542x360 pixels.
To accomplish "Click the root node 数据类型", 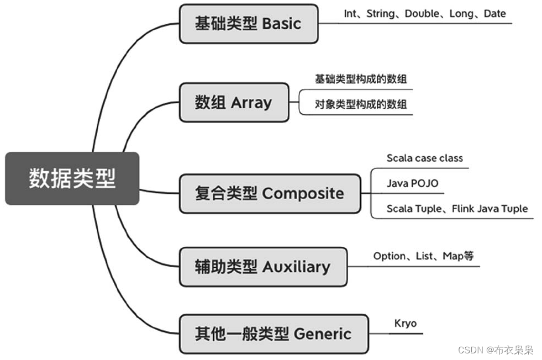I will tap(72, 179).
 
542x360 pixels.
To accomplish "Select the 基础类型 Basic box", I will tap(249, 24).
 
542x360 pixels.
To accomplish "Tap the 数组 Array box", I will tap(234, 102).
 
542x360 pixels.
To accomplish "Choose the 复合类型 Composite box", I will tap(270, 193).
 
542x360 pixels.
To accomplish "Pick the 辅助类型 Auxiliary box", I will tap(263, 267).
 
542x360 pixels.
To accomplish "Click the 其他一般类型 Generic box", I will tap(273, 334).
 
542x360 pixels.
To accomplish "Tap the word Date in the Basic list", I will tap(494, 14).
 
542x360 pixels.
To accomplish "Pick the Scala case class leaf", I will tap(424, 158).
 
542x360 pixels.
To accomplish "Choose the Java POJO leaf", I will tap(412, 183).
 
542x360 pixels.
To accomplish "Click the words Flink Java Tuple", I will tap(490, 209).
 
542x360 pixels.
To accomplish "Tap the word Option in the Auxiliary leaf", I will tap(389, 256).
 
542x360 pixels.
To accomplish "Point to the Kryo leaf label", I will tap(406, 324).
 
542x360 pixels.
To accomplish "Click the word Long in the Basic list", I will tap(461, 14).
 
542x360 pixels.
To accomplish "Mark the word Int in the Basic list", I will tap(350, 14).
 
